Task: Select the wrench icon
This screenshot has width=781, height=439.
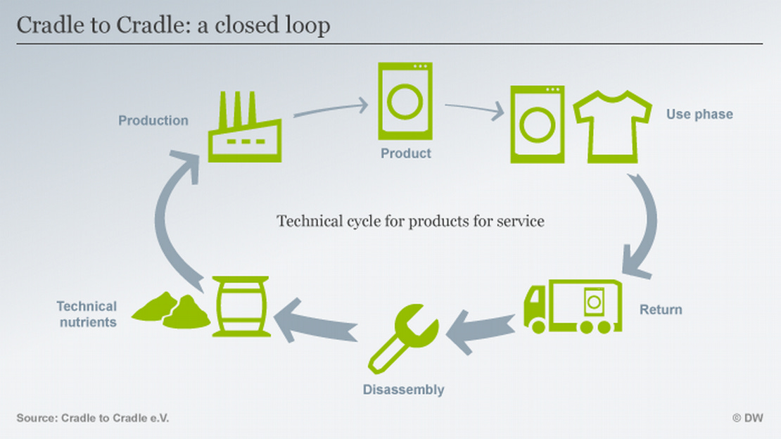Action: [x=403, y=340]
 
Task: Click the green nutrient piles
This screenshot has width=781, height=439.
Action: [x=171, y=310]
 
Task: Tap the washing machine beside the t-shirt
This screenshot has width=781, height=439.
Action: [x=538, y=125]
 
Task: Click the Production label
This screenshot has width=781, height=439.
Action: [x=153, y=120]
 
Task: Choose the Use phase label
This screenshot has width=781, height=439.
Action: [x=699, y=114]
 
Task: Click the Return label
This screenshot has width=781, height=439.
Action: [x=660, y=310]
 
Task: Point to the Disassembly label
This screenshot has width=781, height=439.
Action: [x=403, y=389]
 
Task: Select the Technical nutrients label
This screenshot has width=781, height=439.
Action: [x=87, y=314]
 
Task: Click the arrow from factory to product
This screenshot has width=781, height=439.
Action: [x=331, y=108]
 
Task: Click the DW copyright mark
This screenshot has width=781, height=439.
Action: [x=747, y=418]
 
